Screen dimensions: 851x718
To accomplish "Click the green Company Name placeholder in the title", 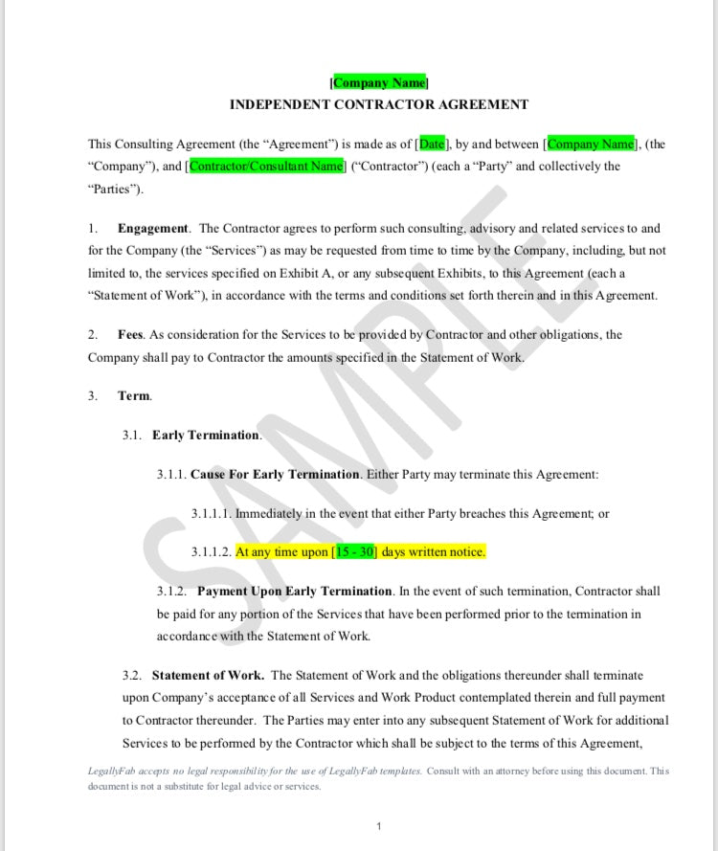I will (x=379, y=83).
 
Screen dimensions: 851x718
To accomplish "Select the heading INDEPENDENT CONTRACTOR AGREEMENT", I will (x=379, y=104).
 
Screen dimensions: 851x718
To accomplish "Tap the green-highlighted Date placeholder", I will (x=432, y=145).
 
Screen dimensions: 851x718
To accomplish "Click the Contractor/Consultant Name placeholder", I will (x=266, y=167).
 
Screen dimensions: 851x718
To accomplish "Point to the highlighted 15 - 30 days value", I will (x=355, y=552).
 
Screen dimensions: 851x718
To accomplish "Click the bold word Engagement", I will (x=153, y=229).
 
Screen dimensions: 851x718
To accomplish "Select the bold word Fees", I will (x=130, y=335).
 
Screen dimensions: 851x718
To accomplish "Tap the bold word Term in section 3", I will (x=134, y=395).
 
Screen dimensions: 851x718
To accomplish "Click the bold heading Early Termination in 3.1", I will (x=206, y=436).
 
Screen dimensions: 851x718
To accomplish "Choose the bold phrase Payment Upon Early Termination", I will (x=295, y=592).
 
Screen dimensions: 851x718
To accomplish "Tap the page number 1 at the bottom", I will (x=379, y=826).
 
